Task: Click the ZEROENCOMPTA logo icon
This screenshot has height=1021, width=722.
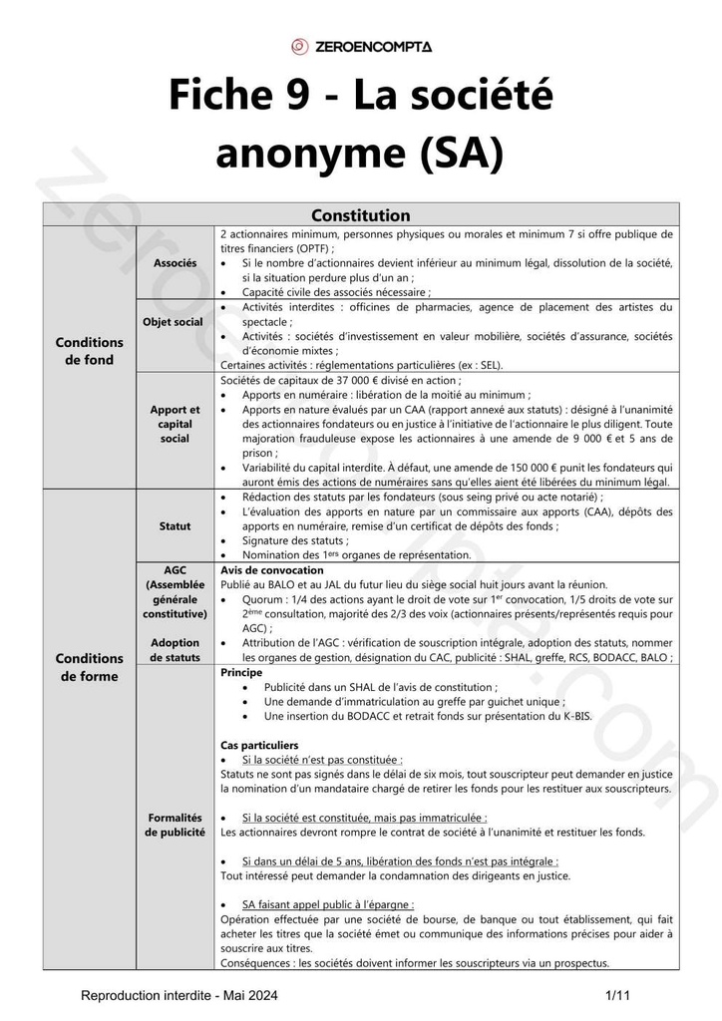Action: [x=299, y=46]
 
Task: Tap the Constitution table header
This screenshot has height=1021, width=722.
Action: [x=360, y=215]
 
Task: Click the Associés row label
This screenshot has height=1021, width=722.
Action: [x=175, y=262]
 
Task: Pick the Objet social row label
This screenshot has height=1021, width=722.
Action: [x=175, y=322]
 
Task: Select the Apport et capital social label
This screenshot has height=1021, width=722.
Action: [x=175, y=424]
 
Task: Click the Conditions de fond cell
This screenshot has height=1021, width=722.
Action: [x=90, y=351]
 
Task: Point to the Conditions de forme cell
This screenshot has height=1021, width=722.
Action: [x=90, y=667]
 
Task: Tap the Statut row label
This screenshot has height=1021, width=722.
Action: [x=175, y=525]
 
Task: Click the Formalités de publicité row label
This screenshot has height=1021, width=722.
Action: [x=175, y=824]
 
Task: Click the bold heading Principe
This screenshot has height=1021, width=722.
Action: [x=240, y=673]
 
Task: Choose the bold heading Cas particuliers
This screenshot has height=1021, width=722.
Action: [x=258, y=745]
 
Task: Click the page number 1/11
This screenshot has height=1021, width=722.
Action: [x=618, y=995]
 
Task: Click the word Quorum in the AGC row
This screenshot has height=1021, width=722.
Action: [x=264, y=599]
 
